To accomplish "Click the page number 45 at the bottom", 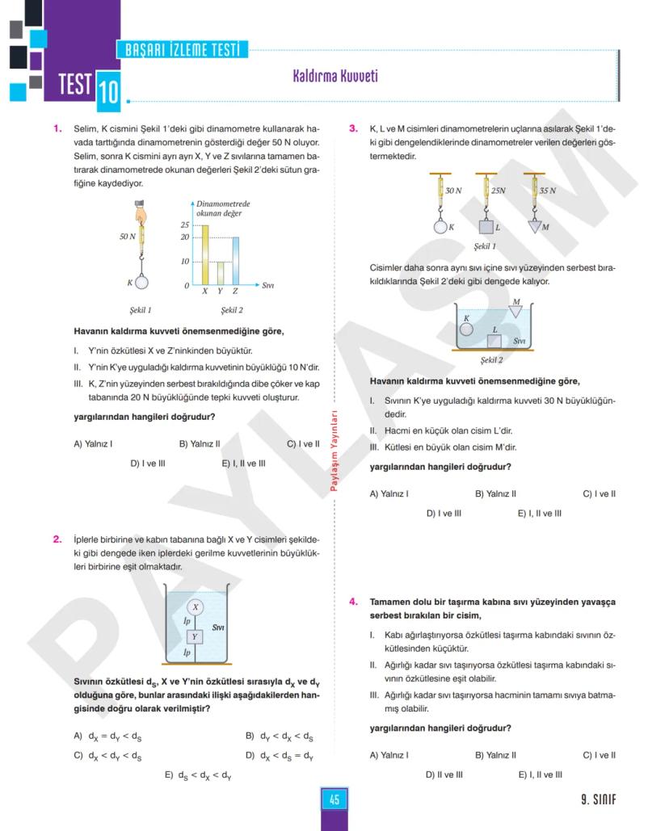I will pos(334,800).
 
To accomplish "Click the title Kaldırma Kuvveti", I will pos(334,77).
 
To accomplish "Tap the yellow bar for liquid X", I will pos(204,254).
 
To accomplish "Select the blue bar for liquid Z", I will pos(235,260).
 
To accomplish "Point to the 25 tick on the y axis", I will pos(184,225).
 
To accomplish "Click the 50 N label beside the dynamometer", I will pos(128,237).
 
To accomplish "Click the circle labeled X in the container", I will pos(195,606).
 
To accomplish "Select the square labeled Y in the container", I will pos(195,636).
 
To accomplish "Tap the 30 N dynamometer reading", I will pos(453,191).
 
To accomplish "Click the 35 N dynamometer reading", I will pos(548,191).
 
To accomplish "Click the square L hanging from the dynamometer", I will pos(486,227).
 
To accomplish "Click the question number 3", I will pos(353,128).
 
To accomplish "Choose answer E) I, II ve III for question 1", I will pos(243,464).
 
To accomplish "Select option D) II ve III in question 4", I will pos(444,774).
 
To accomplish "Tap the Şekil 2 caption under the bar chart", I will pos(232,308).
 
